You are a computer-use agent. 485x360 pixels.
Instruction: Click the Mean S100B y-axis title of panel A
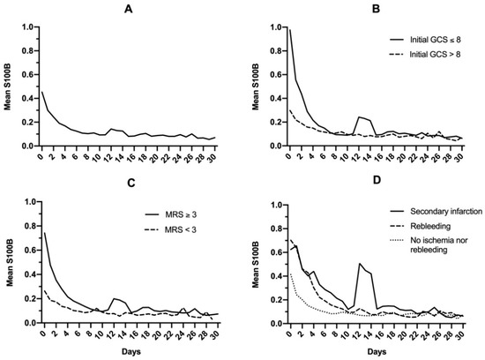9,86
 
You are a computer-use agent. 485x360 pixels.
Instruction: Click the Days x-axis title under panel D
378,350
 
